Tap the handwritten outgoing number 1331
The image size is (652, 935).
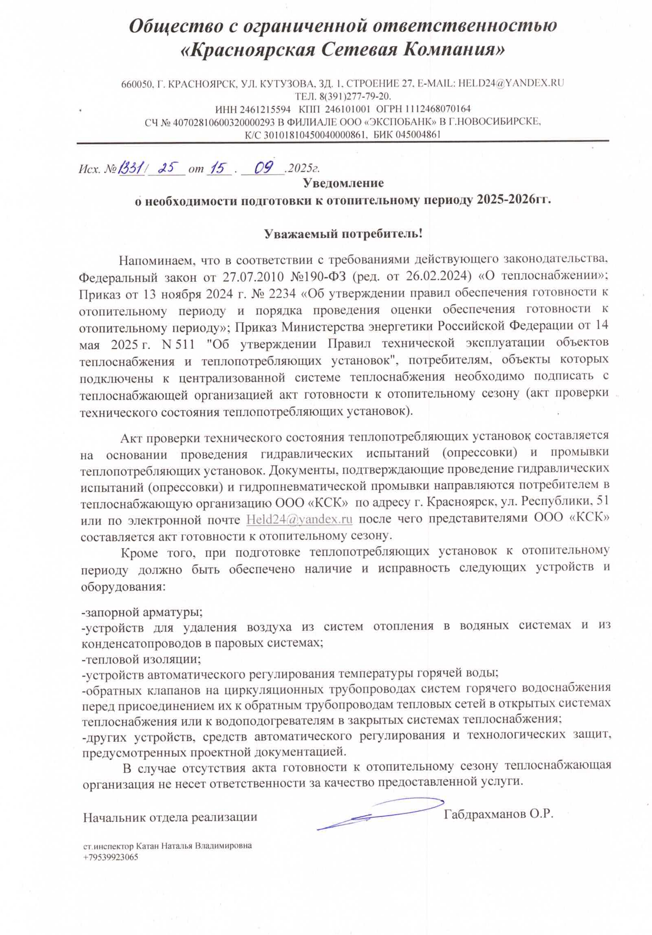click(130, 167)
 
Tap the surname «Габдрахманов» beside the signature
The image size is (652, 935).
click(485, 814)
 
